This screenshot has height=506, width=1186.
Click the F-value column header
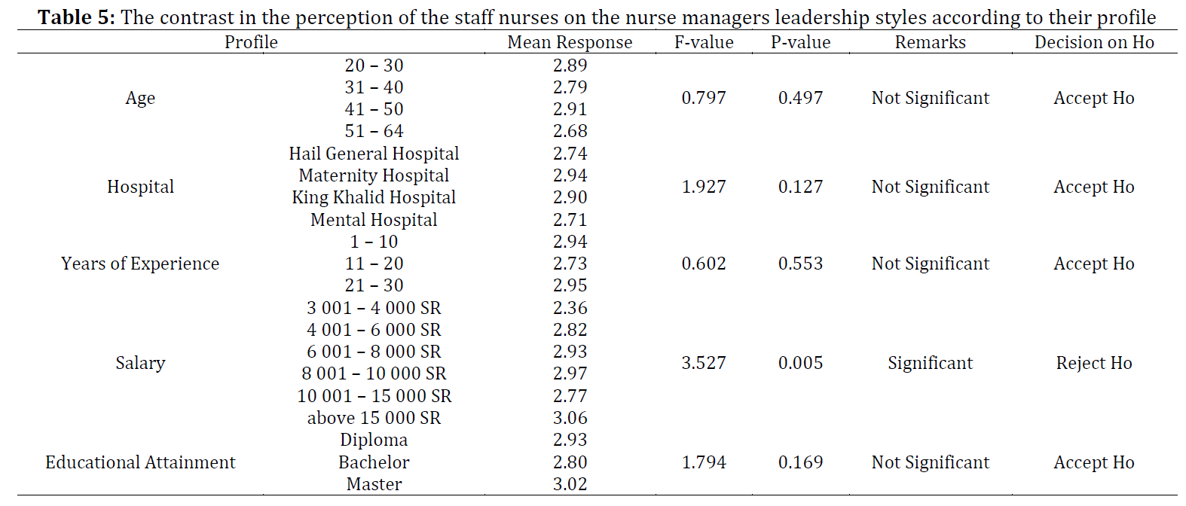click(704, 42)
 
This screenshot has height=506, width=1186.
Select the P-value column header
click(800, 42)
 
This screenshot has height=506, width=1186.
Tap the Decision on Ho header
click(1094, 42)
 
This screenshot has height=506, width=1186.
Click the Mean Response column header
click(570, 42)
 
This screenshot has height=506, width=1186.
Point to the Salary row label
click(140, 363)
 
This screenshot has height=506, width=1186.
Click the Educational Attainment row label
click(140, 462)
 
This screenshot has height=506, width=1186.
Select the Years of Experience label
click(140, 264)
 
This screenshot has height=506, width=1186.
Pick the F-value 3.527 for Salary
click(704, 363)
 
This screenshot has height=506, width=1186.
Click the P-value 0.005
click(800, 363)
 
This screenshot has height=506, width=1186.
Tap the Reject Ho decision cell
click(1094, 363)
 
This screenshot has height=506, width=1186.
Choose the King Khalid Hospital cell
click(374, 197)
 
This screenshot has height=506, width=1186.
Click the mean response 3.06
click(570, 418)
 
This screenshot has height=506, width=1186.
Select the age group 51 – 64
click(374, 131)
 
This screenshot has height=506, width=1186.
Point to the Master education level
click(374, 484)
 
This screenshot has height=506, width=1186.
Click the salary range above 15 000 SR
click(374, 418)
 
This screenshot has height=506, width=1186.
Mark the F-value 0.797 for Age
click(704, 98)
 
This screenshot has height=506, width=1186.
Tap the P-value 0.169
click(800, 462)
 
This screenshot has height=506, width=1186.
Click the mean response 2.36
click(570, 308)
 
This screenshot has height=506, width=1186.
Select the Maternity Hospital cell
click(374, 175)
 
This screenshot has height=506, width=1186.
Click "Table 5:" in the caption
click(76, 17)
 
